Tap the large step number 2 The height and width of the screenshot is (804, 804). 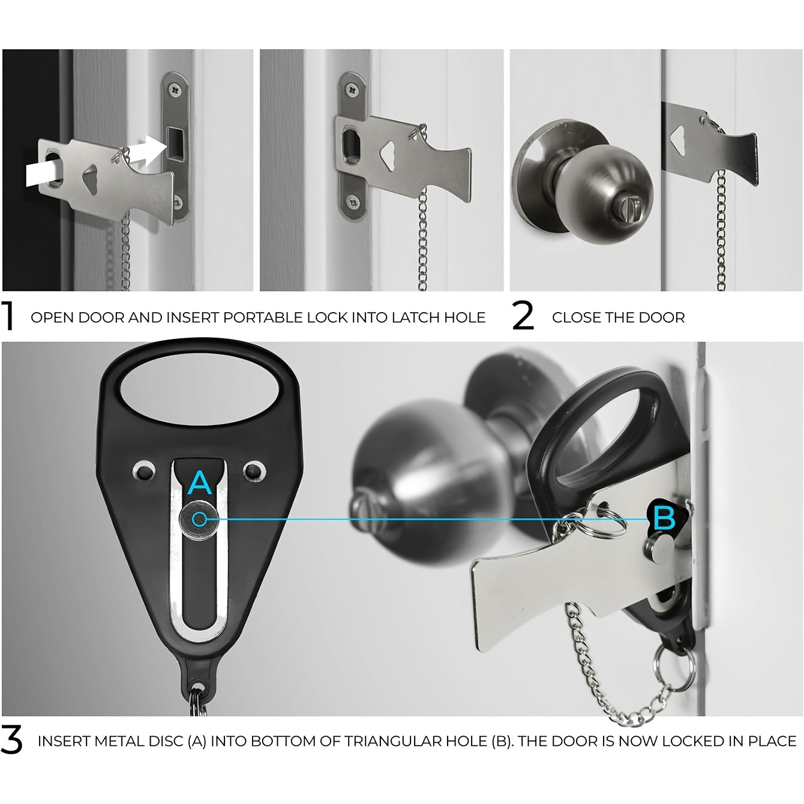tap(523, 316)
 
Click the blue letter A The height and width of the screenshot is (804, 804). tap(200, 483)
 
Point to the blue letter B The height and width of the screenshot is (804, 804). tap(664, 518)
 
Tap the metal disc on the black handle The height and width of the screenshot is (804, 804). tap(199, 520)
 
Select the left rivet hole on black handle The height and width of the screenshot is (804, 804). tap(143, 472)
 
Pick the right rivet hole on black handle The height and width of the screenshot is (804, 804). tap(254, 471)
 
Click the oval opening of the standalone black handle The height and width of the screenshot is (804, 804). tap(199, 389)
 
